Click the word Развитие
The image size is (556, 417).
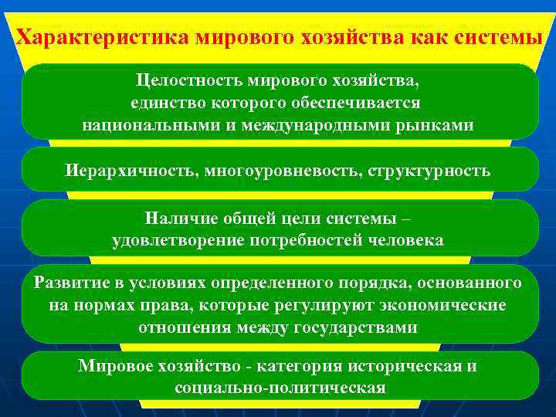pos(68,282)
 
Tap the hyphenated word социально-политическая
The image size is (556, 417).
pos(280,387)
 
